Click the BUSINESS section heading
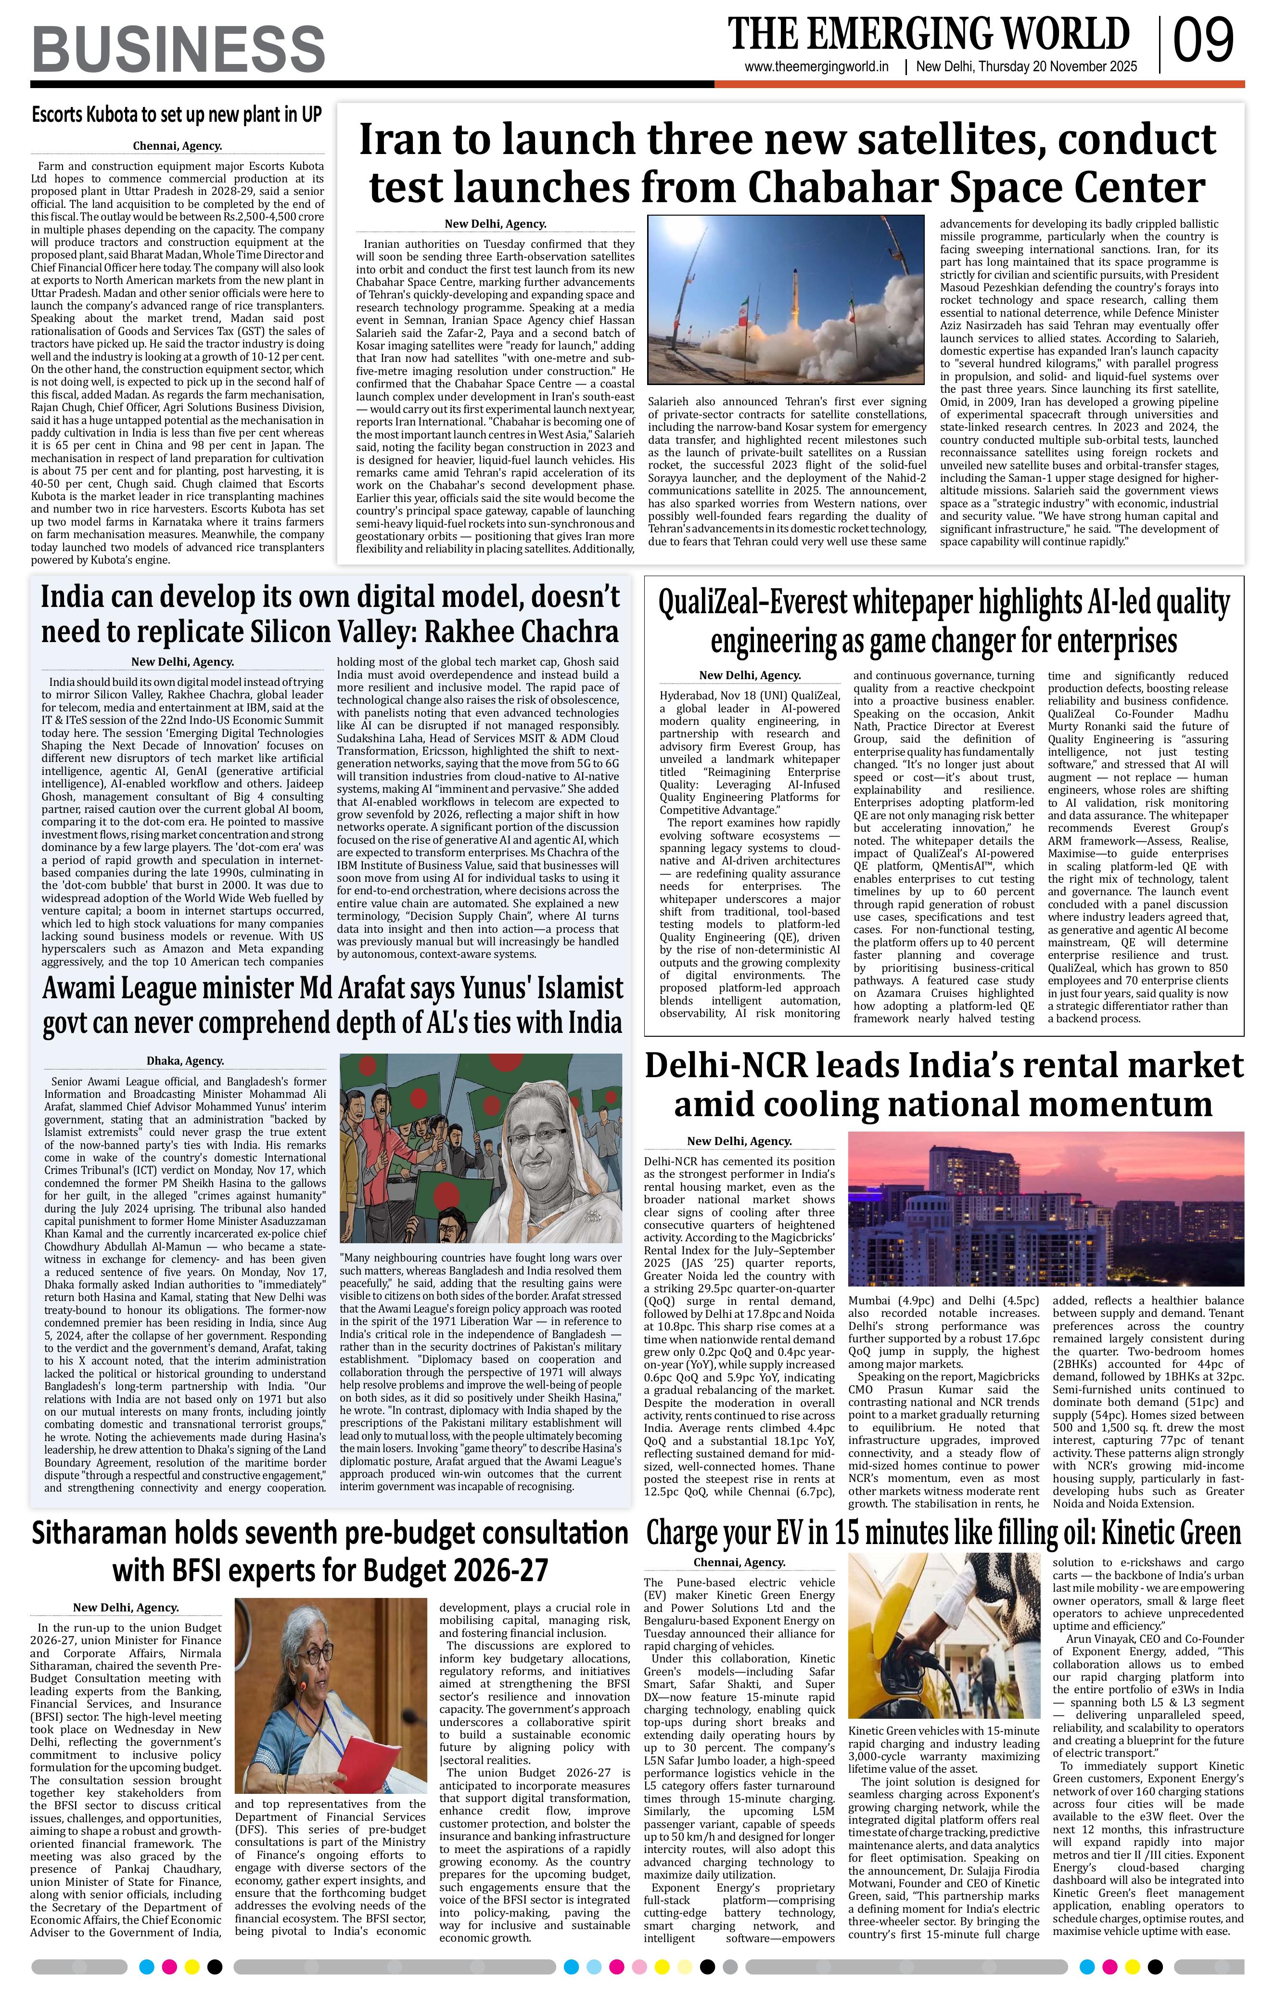178,49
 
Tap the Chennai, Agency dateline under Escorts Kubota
177,146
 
